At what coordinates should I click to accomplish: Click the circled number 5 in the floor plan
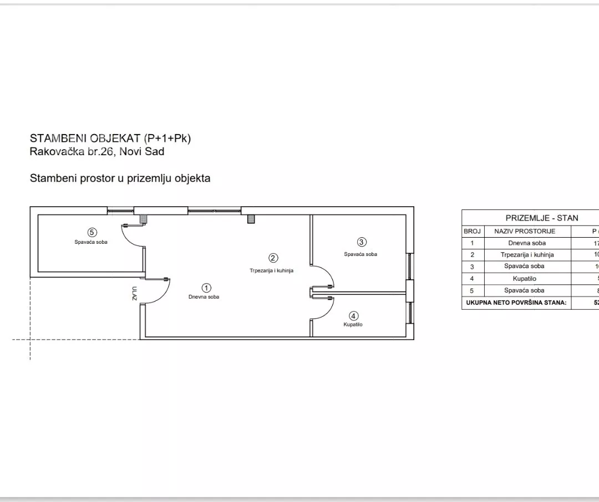93,233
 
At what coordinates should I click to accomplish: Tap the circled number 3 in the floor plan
362,242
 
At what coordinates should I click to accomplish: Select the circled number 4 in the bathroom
354,316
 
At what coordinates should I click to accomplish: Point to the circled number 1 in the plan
206,288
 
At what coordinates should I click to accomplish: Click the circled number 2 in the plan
273,258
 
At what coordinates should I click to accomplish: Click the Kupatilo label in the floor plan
353,325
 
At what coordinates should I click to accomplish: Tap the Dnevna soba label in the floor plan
204,297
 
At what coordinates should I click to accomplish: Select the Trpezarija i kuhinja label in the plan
271,270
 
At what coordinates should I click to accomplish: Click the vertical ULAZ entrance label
134,293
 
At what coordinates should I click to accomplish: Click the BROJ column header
471,231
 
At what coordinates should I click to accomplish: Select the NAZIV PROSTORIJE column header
525,231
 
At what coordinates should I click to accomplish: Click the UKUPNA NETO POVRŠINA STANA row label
516,303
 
